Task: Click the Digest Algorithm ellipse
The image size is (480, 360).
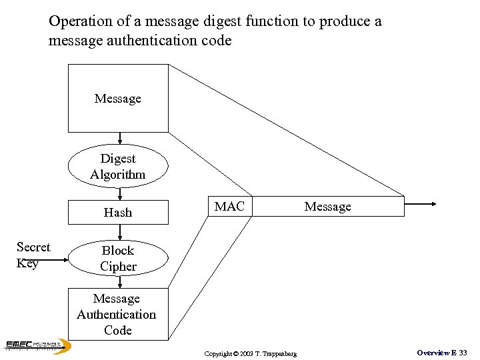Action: [x=118, y=167]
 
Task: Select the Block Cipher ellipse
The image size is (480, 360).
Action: [x=118, y=258]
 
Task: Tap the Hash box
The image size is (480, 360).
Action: [x=118, y=212]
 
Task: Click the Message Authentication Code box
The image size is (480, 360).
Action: [x=118, y=314]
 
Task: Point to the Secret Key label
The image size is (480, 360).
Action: [x=33, y=255]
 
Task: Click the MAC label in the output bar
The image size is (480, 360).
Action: [x=229, y=207]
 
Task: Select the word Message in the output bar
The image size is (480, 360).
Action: [x=327, y=207]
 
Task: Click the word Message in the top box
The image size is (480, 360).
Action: [x=118, y=99]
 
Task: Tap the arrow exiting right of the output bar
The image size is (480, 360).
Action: [x=421, y=205]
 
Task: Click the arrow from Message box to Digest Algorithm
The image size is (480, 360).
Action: [x=119, y=139]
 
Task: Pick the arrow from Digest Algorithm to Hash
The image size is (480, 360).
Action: [x=119, y=194]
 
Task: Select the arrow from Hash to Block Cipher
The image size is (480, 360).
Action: [x=119, y=231]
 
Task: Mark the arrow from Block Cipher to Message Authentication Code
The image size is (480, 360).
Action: [x=119, y=282]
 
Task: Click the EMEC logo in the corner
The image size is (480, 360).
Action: [x=37, y=345]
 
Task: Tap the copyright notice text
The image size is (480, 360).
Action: [x=251, y=353]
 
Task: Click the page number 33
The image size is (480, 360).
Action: [x=462, y=352]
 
